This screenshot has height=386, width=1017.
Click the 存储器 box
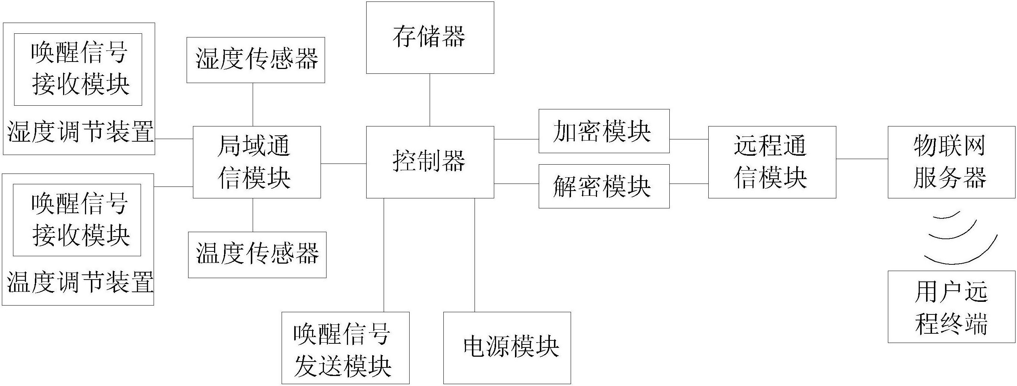click(430, 37)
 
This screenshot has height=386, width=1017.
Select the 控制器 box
click(430, 162)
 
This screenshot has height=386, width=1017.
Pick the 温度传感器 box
click(257, 255)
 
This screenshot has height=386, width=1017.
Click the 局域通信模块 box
click(257, 162)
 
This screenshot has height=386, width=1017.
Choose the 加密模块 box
click(604, 131)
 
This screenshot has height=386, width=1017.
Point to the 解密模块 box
click(604, 186)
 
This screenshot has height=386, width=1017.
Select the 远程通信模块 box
click(772, 162)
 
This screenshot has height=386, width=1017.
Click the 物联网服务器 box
click(951, 162)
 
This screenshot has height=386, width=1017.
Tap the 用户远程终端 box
click(951, 306)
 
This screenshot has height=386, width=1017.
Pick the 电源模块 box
click(507, 347)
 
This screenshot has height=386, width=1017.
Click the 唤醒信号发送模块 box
click(345, 347)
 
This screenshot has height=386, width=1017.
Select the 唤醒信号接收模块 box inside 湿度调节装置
click(78, 69)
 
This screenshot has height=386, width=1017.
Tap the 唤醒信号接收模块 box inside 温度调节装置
click(77, 220)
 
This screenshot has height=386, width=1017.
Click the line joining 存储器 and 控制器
click(430, 100)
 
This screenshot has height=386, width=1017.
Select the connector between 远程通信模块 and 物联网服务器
click(862, 159)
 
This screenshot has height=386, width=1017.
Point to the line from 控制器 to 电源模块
click(475, 255)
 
